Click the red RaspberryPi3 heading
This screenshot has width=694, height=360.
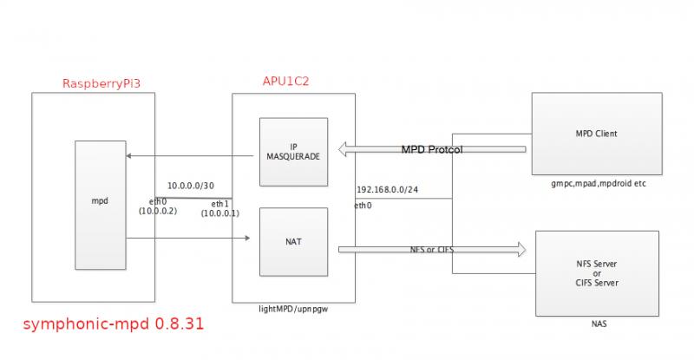click(x=101, y=84)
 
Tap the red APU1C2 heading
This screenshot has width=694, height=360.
click(x=286, y=81)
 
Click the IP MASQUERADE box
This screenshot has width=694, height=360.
click(x=295, y=150)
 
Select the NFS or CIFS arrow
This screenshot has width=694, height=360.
click(x=432, y=250)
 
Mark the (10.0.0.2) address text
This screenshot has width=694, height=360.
click(x=158, y=212)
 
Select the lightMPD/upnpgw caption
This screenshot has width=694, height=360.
click(x=293, y=309)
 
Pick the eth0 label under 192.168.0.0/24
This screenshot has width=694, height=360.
click(x=364, y=206)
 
